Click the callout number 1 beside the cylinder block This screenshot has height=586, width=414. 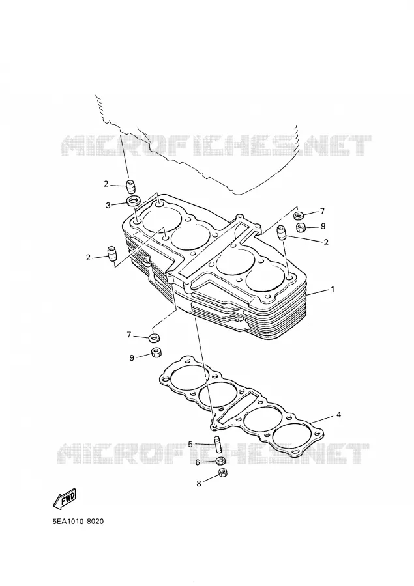tap(332, 289)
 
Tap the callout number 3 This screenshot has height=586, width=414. tap(108, 206)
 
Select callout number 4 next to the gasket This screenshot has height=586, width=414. tap(338, 415)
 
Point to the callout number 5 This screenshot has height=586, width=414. tap(190, 444)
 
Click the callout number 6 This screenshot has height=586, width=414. tap(198, 463)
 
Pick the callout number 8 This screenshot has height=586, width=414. tap(199, 484)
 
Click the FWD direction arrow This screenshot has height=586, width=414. tap(65, 499)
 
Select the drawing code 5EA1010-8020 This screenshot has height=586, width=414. tap(78, 522)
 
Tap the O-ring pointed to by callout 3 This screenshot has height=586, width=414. tap(133, 201)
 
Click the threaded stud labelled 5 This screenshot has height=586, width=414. tap(216, 443)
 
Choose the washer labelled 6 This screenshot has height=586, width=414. tap(221, 460)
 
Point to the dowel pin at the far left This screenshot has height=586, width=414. tap(112, 254)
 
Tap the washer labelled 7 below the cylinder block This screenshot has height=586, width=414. tap(153, 338)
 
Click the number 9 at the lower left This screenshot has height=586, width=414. tap(132, 358)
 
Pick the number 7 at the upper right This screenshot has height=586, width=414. tap(322, 212)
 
